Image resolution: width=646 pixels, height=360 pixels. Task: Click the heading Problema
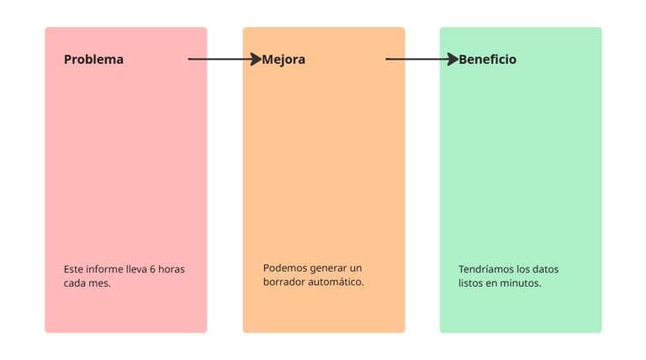tap(93, 60)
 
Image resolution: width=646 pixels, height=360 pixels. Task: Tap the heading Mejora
tap(283, 60)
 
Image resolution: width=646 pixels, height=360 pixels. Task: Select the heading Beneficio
tap(487, 60)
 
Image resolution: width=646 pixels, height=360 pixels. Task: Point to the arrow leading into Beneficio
tap(421, 59)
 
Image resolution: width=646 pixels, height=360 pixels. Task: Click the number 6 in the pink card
tap(152, 269)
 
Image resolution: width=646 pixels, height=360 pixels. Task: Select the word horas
tap(171, 269)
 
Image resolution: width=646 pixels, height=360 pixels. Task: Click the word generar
tap(330, 267)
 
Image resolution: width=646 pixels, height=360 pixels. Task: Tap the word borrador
tap(287, 282)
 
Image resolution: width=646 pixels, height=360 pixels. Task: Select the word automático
tap(338, 282)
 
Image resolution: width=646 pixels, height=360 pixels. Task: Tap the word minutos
tap(521, 283)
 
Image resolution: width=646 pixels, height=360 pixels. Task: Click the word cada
tap(76, 283)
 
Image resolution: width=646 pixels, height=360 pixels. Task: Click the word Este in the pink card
tap(74, 269)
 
